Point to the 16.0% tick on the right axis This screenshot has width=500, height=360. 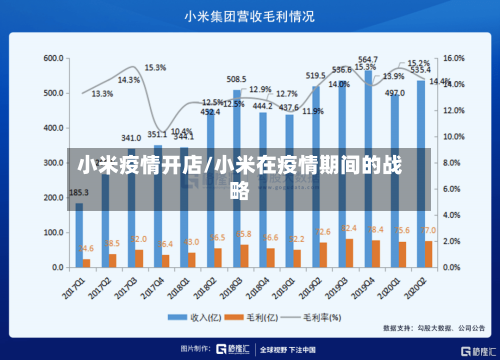(x=454, y=59)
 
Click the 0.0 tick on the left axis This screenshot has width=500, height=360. (x=55, y=268)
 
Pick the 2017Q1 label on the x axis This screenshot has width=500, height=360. (x=79, y=289)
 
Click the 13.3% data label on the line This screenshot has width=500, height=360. (x=102, y=94)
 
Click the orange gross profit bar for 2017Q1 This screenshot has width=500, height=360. (x=87, y=263)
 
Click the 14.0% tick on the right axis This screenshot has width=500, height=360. (x=454, y=85)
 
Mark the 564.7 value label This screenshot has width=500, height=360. (x=367, y=60)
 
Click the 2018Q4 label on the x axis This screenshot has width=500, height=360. (x=262, y=289)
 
